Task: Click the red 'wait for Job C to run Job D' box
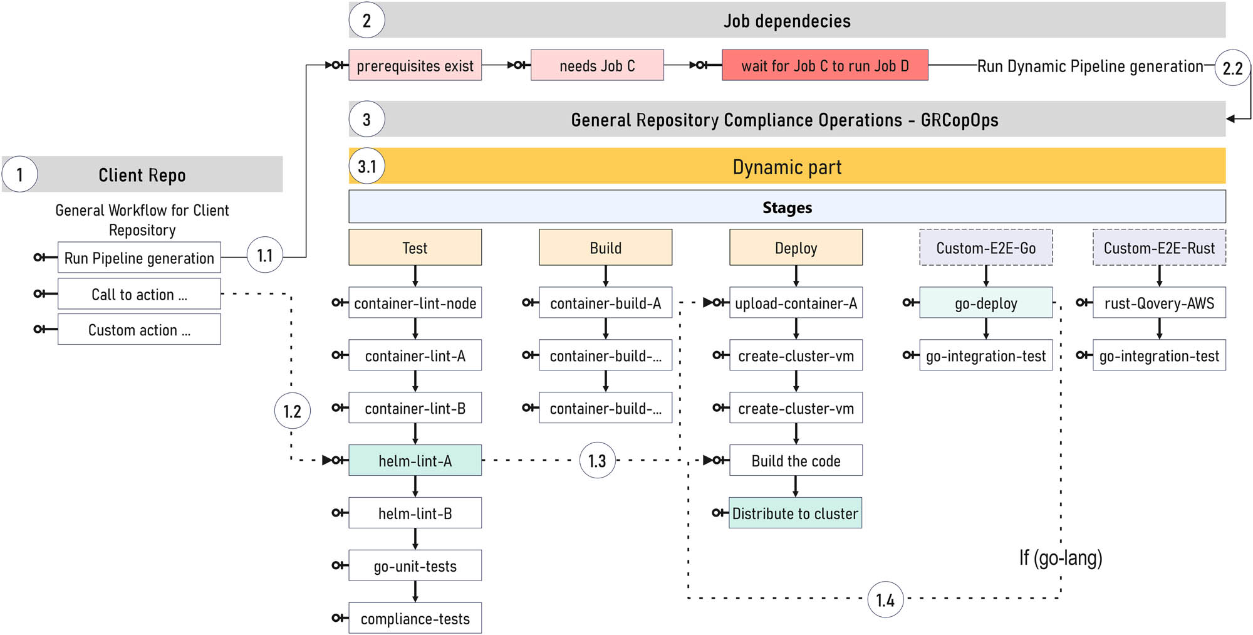tap(824, 66)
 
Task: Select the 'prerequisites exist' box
tap(415, 66)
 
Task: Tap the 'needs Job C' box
tap(597, 66)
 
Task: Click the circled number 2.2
tap(1232, 68)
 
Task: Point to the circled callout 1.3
tap(597, 461)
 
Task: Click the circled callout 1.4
tap(885, 600)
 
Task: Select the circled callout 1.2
tap(292, 411)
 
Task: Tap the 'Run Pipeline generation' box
tap(139, 258)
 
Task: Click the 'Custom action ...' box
tap(139, 330)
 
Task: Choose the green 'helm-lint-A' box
tap(415, 461)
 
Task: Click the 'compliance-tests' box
tap(415, 619)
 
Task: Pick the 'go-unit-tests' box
tap(415, 566)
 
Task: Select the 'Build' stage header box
tap(605, 248)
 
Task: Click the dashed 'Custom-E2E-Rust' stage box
tap(1159, 248)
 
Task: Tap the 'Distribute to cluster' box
tap(795, 513)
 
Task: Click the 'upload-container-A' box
tap(796, 303)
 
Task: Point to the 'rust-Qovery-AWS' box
tap(1159, 303)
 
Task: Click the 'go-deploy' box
tap(985, 303)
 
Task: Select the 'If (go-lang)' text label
tap(1060, 557)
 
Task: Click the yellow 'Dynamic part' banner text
tap(787, 167)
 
